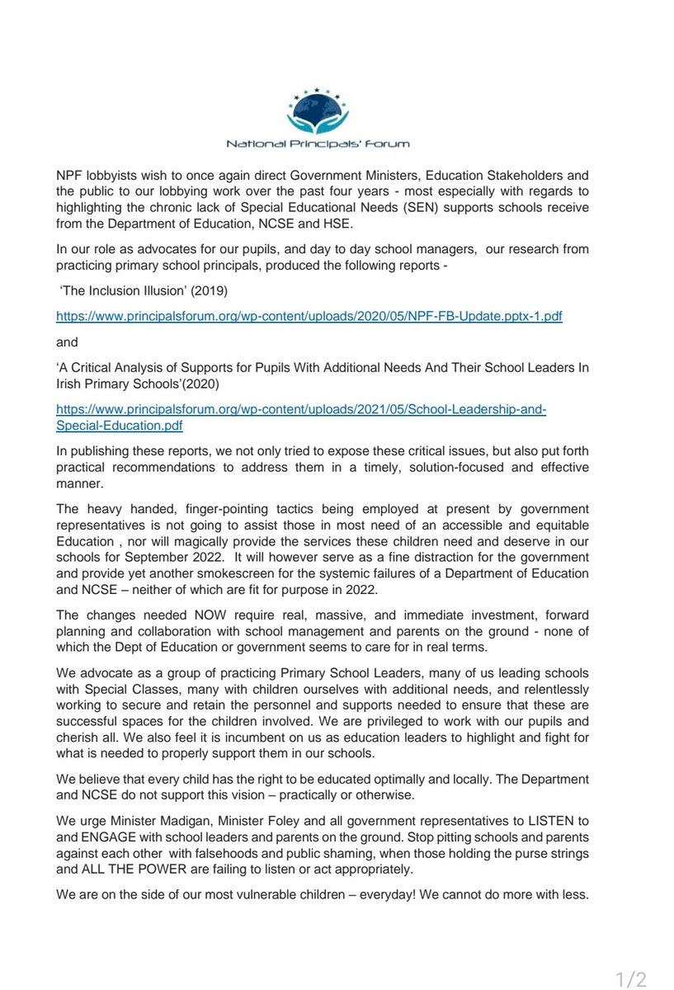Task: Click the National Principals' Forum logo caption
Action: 318,144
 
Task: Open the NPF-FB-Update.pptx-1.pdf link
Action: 309,317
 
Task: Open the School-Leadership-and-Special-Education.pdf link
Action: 300,418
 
